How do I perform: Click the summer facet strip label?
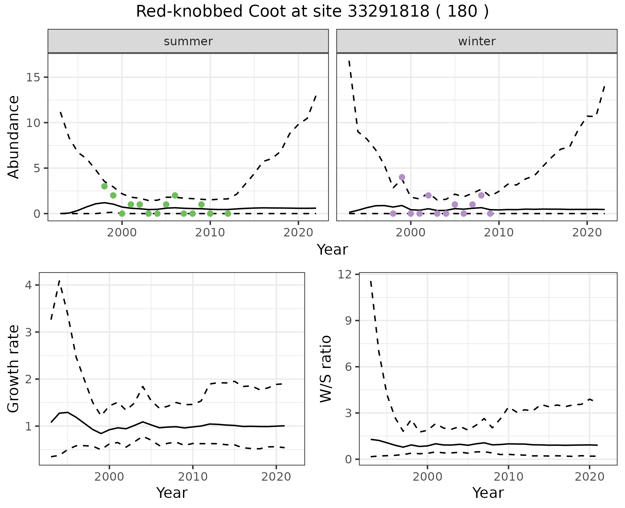click(x=188, y=41)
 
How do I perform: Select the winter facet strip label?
click(x=477, y=41)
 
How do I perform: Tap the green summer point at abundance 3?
click(x=104, y=186)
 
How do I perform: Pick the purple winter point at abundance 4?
click(x=402, y=177)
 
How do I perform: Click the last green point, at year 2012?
click(x=228, y=214)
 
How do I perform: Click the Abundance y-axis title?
click(x=14, y=137)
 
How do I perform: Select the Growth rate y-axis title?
click(x=14, y=369)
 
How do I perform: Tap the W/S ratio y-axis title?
click(x=326, y=369)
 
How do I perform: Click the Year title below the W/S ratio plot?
click(x=488, y=493)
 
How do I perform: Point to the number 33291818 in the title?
click(x=388, y=12)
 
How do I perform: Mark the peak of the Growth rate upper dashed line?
click(x=59, y=281)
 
